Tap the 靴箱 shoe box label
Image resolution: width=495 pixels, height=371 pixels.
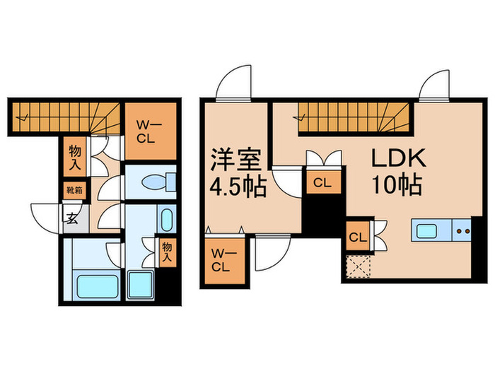point(74,189)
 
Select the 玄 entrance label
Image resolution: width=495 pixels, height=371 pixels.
point(73,218)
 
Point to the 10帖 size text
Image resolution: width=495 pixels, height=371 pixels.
point(397,185)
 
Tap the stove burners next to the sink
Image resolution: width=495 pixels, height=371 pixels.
point(465,230)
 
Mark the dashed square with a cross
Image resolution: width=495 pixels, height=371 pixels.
point(358,267)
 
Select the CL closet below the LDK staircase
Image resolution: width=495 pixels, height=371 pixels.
point(322,182)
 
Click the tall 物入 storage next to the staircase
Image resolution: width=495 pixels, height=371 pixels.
point(74,156)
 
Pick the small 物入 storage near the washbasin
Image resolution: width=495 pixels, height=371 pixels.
point(167,252)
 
